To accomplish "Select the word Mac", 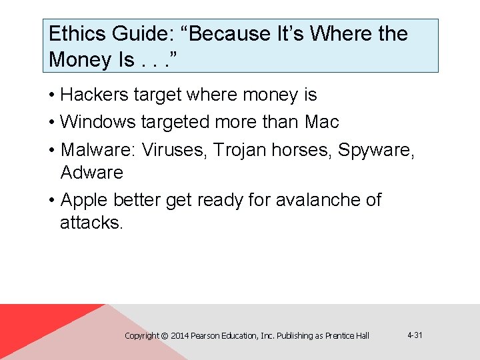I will pyautogui.click(x=322, y=122).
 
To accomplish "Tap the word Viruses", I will pyautogui.click(x=175, y=150).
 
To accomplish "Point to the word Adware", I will pyautogui.click(x=92, y=173).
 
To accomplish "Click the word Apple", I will pyautogui.click(x=84, y=200).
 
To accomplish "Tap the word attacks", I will pyautogui.click(x=91, y=223).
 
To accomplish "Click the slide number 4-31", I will pyautogui.click(x=414, y=335).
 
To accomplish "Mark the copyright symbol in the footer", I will pyautogui.click(x=165, y=336).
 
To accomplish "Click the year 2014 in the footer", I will pyautogui.click(x=179, y=336).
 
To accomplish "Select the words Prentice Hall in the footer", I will pyautogui.click(x=347, y=336).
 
